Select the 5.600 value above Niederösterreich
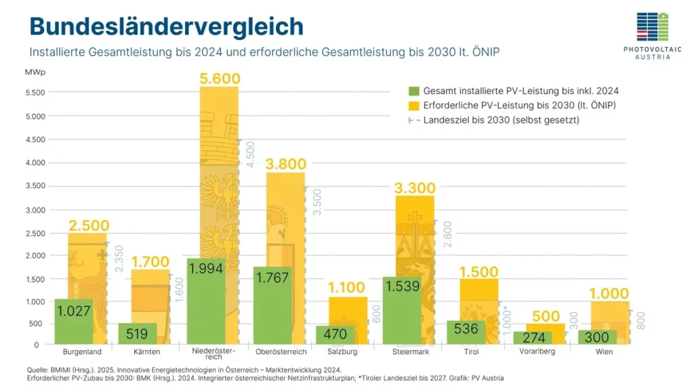tap(219, 79)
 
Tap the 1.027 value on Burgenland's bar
tap(74, 311)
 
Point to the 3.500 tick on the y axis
tap(35, 186)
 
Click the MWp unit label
tap(37, 72)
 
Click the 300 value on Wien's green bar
tap(597, 337)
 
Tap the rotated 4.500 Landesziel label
tap(249, 154)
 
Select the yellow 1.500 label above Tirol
tap(479, 272)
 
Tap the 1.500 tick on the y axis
tap(35, 280)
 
